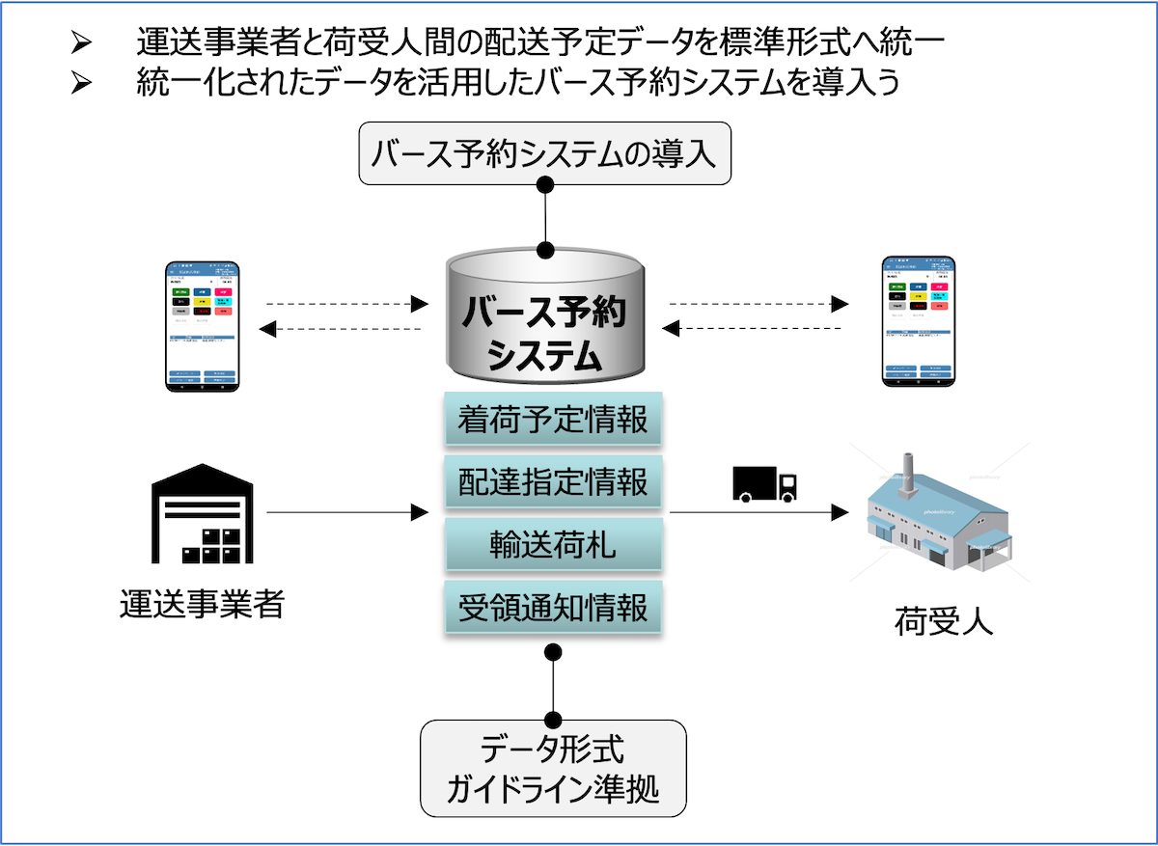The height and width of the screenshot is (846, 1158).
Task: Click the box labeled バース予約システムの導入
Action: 545,153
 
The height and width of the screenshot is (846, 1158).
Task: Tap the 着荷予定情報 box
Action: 553,421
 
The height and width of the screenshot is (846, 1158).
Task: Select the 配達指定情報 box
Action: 553,481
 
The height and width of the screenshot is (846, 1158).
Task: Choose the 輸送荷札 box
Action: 553,545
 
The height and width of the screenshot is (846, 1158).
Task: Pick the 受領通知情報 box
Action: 553,609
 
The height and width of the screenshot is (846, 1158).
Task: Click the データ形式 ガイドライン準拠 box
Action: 553,768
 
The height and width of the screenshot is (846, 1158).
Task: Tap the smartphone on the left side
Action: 202,324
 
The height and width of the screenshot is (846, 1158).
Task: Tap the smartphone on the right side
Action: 919,321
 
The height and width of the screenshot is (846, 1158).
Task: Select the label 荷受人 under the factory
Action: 943,621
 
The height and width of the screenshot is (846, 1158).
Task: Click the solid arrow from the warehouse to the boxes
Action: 347,513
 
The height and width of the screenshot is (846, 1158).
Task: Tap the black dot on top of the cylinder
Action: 545,251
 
